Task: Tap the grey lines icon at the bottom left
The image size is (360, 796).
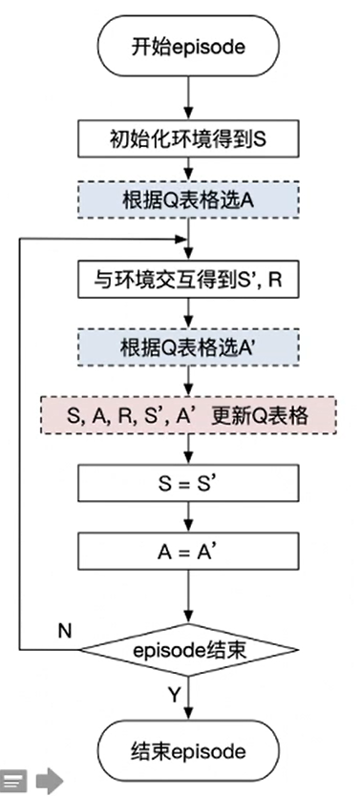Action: point(12,782)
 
